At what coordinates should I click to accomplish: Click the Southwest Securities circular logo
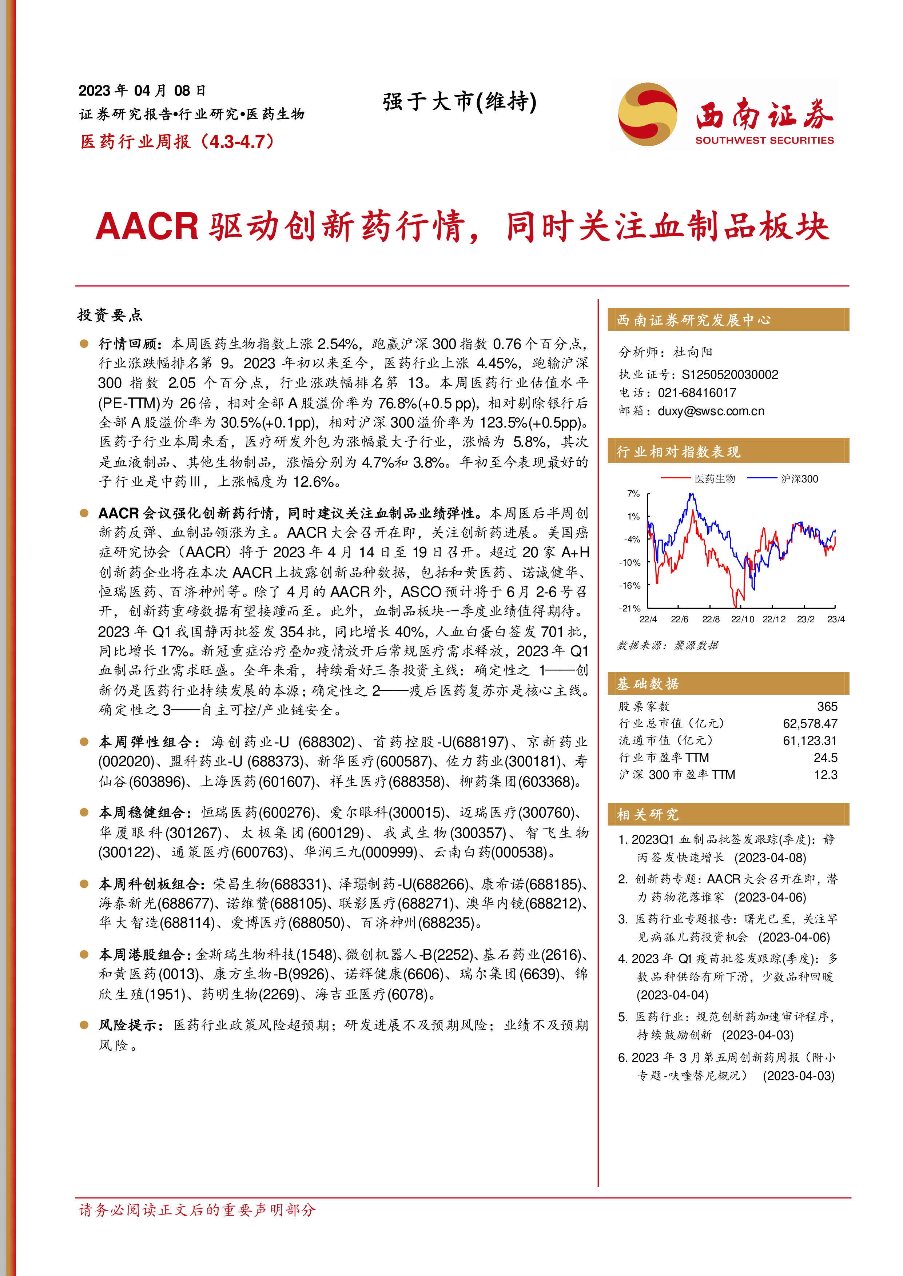(x=647, y=115)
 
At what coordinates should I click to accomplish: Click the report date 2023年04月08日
(x=142, y=91)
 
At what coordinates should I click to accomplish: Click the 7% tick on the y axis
(x=633, y=494)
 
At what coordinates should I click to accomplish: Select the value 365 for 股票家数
(x=827, y=706)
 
